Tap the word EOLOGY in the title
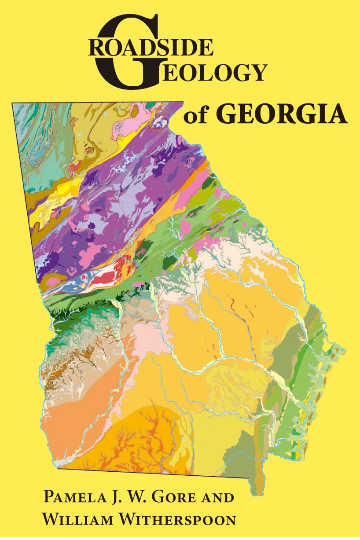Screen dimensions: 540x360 coord(207,73)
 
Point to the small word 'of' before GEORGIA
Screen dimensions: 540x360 coord(197,117)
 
